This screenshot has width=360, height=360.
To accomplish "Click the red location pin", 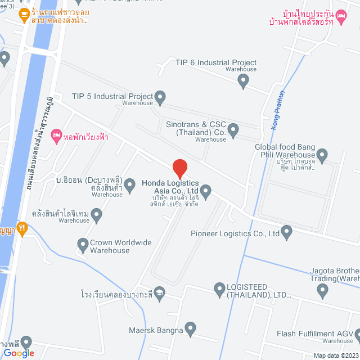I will tap(179, 168).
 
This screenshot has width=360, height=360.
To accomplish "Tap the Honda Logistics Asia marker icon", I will tap(206, 192).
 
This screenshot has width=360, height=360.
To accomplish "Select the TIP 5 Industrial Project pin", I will tap(160, 98).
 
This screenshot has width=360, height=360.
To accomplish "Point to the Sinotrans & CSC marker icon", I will tap(233, 130).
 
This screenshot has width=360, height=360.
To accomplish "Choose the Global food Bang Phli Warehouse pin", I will tap(322, 154).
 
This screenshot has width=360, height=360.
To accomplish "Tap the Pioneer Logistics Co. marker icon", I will tap(287, 231).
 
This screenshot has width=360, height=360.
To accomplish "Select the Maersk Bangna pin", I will tap(190, 327).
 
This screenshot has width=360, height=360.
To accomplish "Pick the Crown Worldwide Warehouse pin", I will tap(82, 244).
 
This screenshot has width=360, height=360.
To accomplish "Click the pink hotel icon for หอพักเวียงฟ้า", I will tap(56, 136).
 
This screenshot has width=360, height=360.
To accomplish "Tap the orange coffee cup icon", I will tap(24, 15).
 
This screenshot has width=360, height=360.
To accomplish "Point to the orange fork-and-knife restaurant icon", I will tap(21, 228).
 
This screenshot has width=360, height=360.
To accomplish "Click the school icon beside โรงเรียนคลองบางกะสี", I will tap(160, 293).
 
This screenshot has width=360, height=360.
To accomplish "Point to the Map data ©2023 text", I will tap(335, 355).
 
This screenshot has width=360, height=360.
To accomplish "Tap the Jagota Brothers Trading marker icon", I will tap(323, 290).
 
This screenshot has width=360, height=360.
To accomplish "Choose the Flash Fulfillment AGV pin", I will tap(355, 335).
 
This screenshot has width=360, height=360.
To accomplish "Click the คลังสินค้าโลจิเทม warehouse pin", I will tap(96, 214).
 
